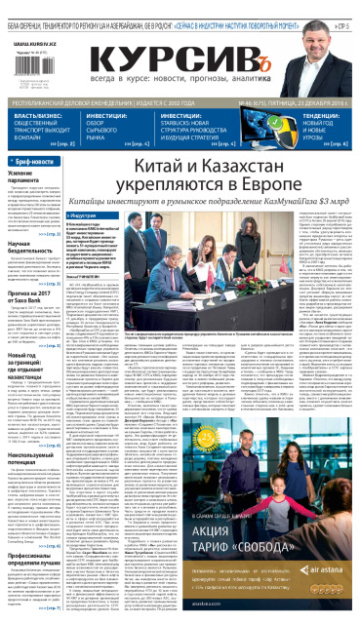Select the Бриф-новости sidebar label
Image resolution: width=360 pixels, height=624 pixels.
[36, 162]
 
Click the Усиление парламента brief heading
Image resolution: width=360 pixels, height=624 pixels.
[29, 178]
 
